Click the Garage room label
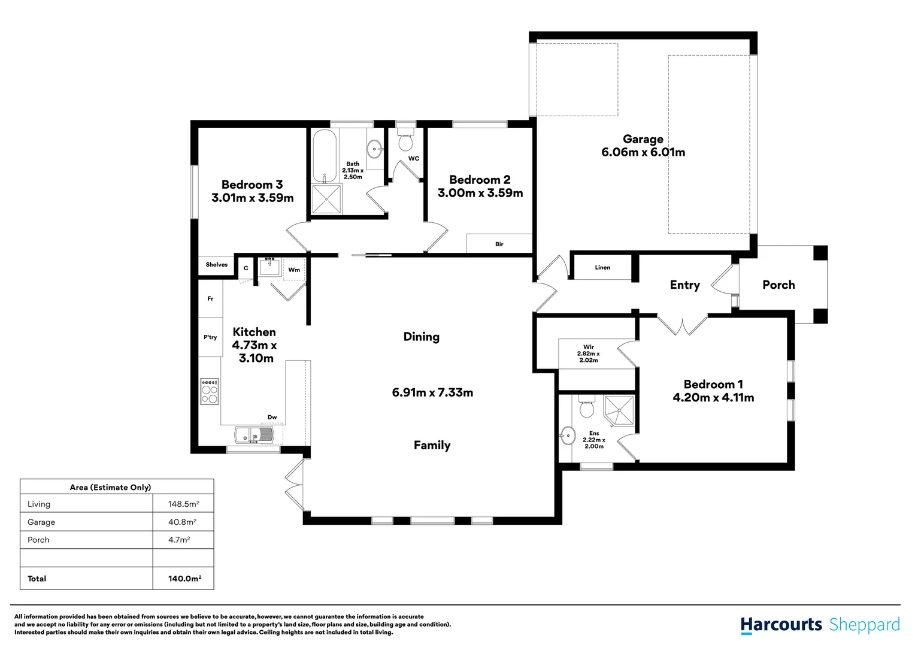643,139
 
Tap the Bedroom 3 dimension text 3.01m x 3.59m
253,198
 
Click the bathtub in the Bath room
325,156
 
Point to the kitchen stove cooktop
210,392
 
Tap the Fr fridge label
210,298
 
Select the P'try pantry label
210,337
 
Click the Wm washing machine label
294,270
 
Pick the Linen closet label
602,267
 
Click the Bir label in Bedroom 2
499,244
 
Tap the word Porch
778,285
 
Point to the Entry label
684,285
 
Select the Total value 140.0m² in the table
184,578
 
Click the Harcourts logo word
781,625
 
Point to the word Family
432,445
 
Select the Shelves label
217,264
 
